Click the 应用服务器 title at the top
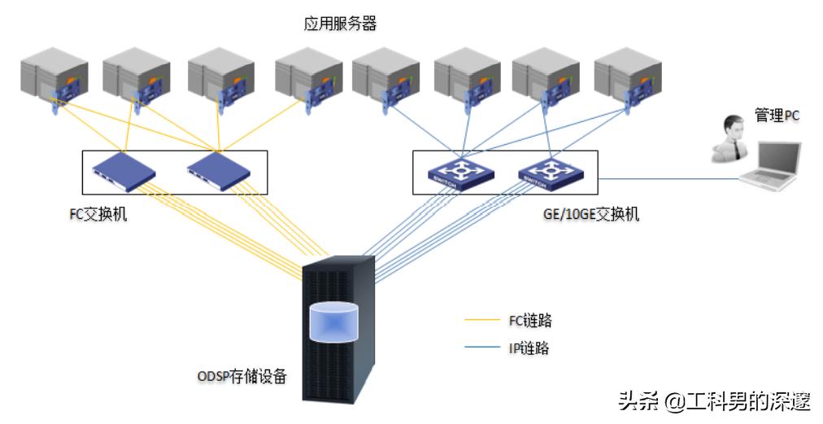point(340,24)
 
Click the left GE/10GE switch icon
point(461,172)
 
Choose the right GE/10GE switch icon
point(550,172)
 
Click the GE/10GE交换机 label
point(590,214)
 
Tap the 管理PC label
point(777,116)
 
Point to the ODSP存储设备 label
point(242,377)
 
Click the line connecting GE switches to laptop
point(667,177)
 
